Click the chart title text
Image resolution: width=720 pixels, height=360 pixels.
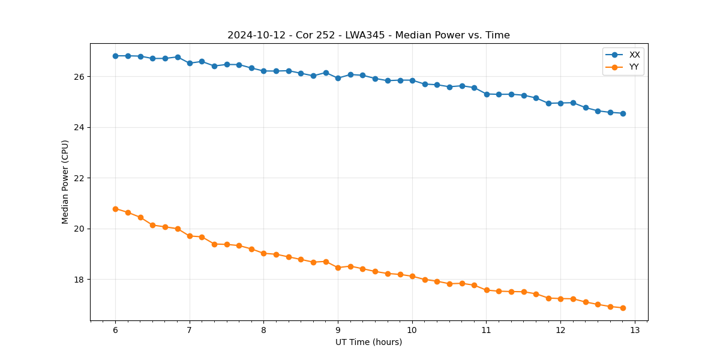(x=368, y=35)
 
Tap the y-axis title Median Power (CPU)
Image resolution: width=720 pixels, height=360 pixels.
(x=65, y=182)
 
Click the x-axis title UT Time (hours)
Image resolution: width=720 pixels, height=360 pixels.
(x=368, y=342)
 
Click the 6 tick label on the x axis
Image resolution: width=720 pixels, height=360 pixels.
(x=115, y=331)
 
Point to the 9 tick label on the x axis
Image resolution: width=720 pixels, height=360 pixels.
(x=338, y=331)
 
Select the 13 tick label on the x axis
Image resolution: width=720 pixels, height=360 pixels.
(x=635, y=331)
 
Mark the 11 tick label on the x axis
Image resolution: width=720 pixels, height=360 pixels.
(x=486, y=331)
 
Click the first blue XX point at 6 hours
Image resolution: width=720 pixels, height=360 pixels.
(x=115, y=56)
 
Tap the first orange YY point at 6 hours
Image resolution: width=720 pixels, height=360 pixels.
(x=115, y=209)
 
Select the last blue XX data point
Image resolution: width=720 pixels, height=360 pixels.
(x=623, y=113)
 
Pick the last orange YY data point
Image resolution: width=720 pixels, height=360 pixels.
(x=623, y=308)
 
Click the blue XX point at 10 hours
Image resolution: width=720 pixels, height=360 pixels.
(x=412, y=80)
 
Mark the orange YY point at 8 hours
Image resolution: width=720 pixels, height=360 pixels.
(x=263, y=253)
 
